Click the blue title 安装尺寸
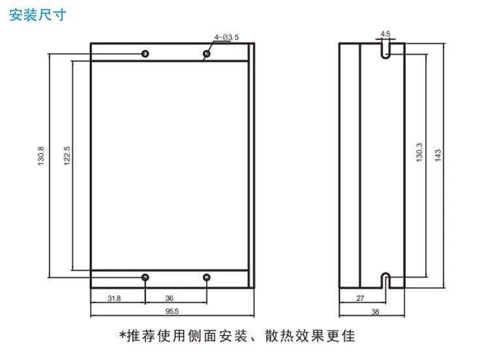[x=38, y=15]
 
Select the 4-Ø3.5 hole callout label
[x=226, y=37]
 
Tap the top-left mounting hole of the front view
[x=145, y=53]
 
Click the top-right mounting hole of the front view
[x=207, y=53]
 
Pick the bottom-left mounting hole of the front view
[x=145, y=277]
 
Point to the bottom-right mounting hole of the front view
[x=207, y=277]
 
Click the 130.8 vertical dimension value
[x=41, y=156]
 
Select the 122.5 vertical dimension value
[x=67, y=156]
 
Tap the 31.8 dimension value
[x=114, y=298]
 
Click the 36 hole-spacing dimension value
[x=169, y=298]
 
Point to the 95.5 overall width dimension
[x=172, y=311]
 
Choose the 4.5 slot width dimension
[x=385, y=34]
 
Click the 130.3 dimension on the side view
[x=419, y=152]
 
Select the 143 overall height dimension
[x=438, y=155]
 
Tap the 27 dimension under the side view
[x=360, y=298]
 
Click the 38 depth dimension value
[x=375, y=311]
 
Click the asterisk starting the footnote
[x=123, y=335]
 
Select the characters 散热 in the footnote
[x=279, y=336]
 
